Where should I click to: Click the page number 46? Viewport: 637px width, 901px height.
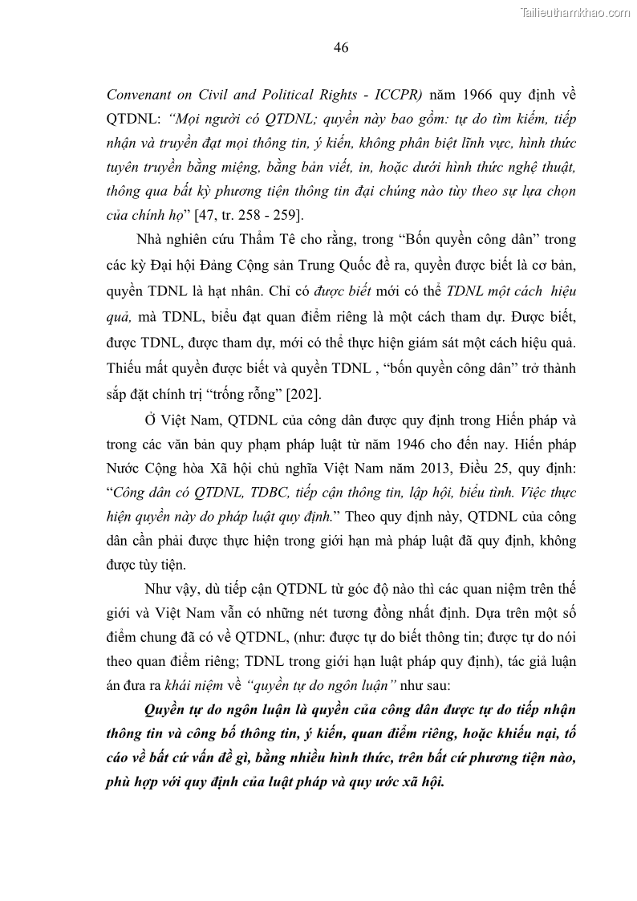340,47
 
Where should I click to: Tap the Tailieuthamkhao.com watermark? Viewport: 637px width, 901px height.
576,12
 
